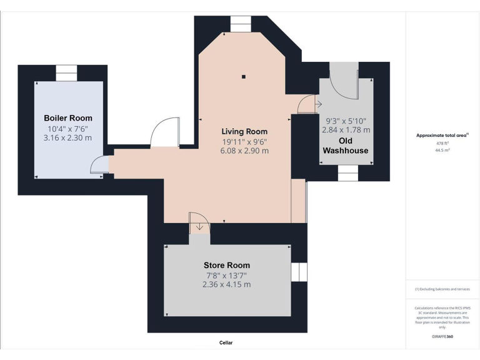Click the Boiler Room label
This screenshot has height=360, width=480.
[67, 118]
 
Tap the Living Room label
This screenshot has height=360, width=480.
[244, 131]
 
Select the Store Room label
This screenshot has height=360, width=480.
[226, 265]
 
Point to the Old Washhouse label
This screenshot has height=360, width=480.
[345, 145]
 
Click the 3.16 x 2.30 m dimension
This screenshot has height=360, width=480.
[67, 137]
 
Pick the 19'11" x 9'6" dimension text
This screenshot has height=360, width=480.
[244, 141]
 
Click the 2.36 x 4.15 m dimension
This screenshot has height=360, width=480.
[226, 284]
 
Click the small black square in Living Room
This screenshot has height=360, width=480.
[244, 77]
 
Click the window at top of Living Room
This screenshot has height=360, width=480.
[240, 23]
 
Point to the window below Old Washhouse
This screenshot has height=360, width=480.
[347, 173]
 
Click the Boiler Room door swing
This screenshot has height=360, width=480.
[99, 165]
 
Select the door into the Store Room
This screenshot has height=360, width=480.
[199, 222]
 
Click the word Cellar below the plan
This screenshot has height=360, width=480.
[226, 343]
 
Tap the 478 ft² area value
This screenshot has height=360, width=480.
[442, 143]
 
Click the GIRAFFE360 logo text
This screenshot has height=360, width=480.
[442, 337]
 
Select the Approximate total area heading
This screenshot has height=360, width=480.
[441, 135]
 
